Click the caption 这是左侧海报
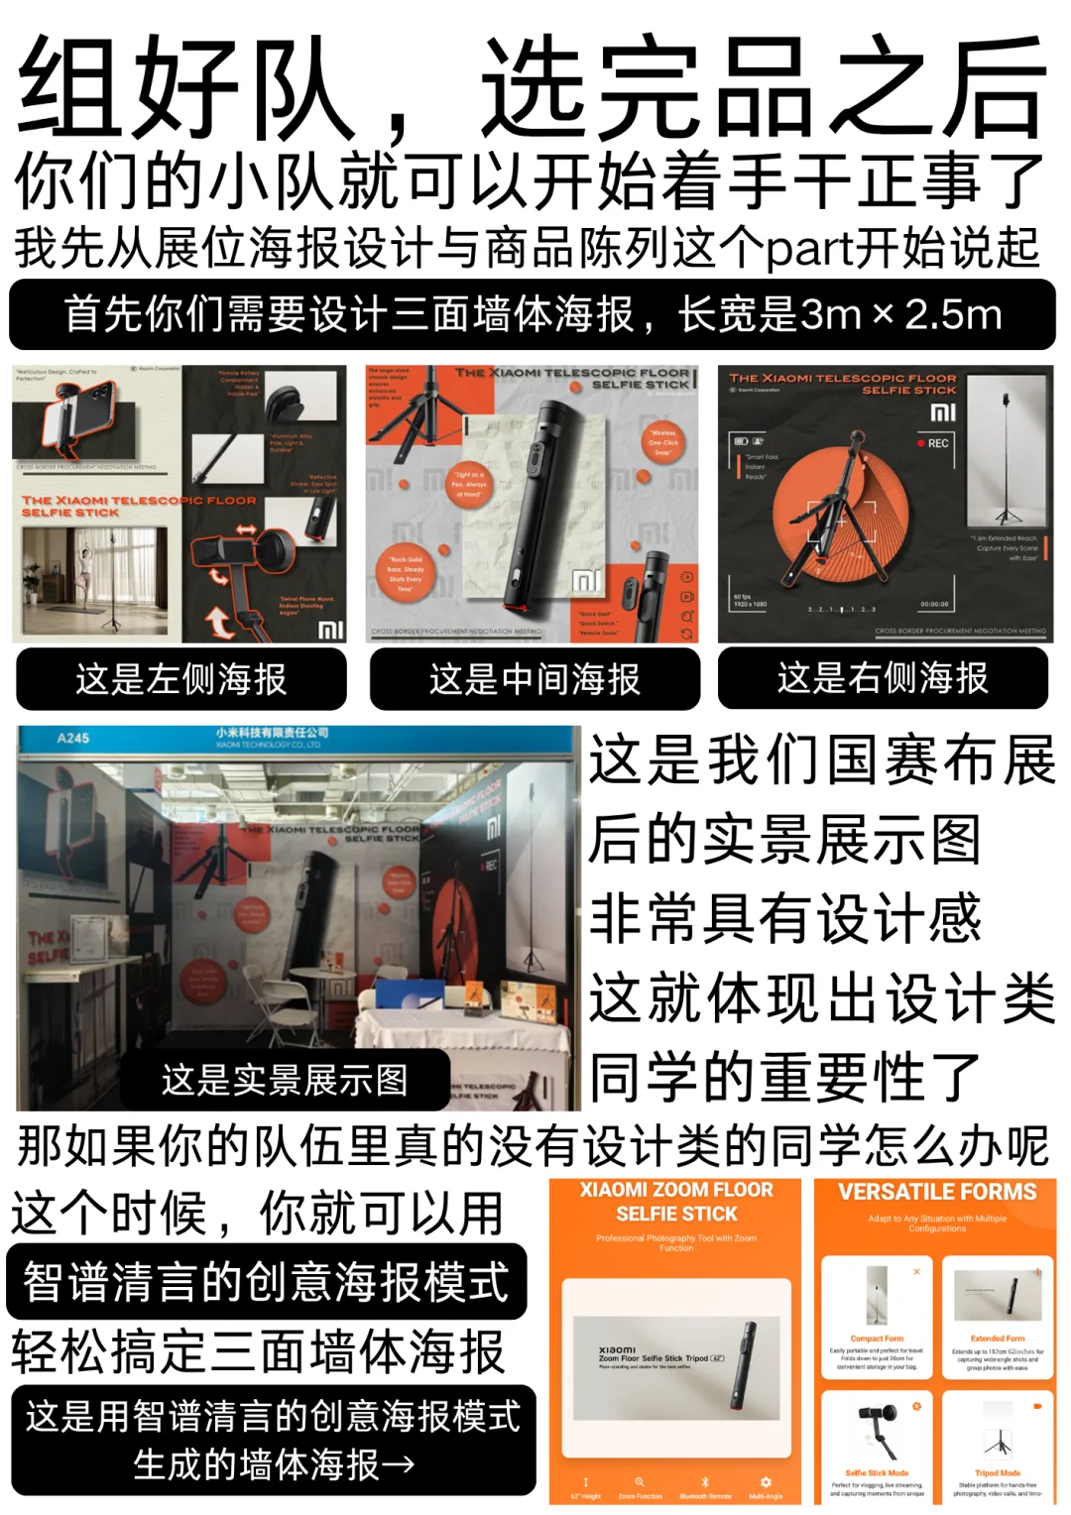pos(180,679)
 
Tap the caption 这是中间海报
pos(535,679)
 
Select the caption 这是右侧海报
pos(883,678)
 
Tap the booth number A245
pos(73,738)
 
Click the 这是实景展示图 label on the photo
pos(285,1080)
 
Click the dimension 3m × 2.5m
pos(900,315)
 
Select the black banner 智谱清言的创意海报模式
pos(266,1281)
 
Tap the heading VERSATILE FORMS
pos(937,1192)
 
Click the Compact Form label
pos(877,1339)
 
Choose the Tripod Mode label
pos(998,1473)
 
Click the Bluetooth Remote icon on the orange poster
pos(705,1482)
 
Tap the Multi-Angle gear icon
pos(766,1482)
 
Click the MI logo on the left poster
pos(330,629)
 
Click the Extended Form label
pos(998,1339)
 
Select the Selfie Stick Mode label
pos(877,1473)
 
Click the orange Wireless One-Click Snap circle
pos(663,442)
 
